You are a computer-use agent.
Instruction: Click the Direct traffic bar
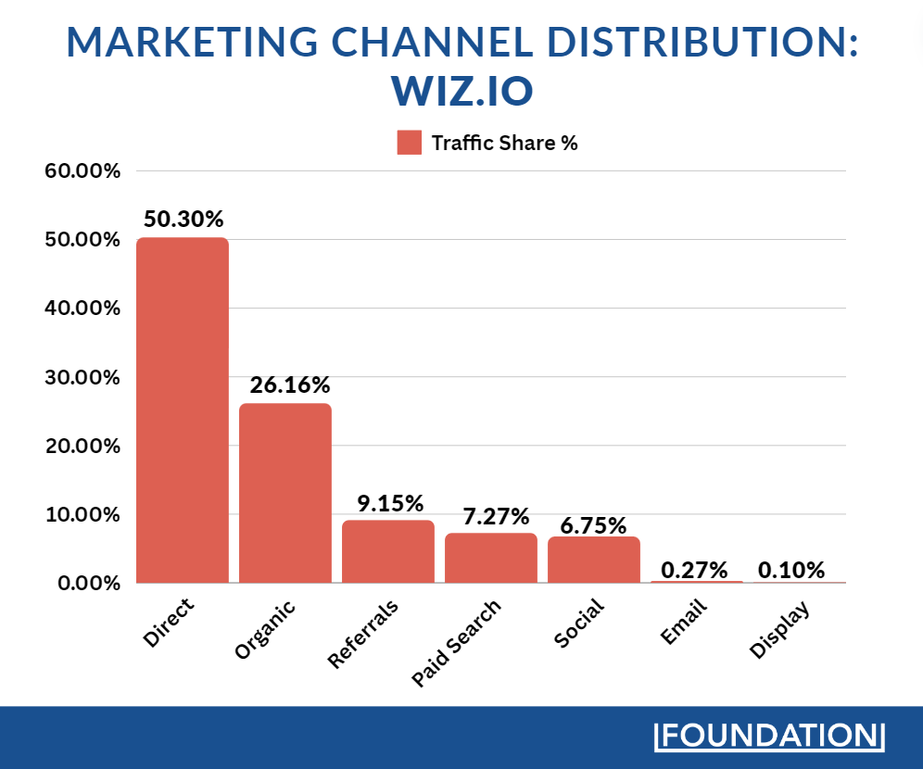click(183, 410)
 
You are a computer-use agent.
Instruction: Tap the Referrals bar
click(388, 551)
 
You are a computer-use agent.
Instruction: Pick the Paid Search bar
click(491, 558)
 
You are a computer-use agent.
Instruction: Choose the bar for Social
click(594, 560)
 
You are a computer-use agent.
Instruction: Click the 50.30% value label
click(183, 220)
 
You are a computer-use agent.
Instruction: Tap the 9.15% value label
click(390, 503)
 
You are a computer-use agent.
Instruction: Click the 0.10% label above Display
click(791, 569)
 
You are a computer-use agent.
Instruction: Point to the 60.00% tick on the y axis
click(82, 171)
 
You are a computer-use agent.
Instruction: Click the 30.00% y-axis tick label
click(82, 377)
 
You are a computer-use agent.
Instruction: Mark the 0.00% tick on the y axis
click(86, 583)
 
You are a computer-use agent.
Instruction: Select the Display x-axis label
click(779, 630)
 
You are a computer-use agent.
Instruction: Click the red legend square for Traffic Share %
click(409, 143)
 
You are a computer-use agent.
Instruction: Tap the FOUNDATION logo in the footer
click(769, 736)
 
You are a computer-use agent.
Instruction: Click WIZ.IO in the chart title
click(461, 91)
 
